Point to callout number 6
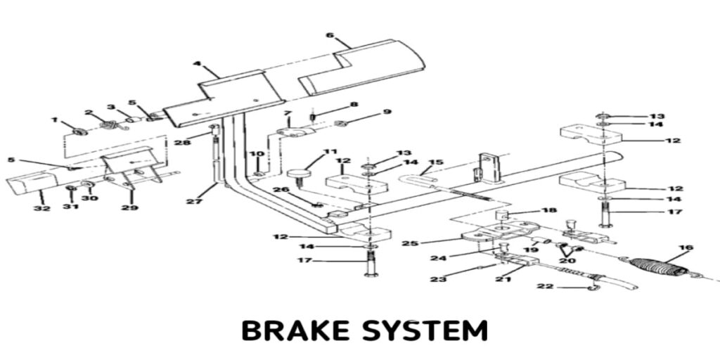(x=330, y=34)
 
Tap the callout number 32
(x=42, y=208)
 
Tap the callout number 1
(x=55, y=120)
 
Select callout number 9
(x=386, y=112)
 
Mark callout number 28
(x=183, y=143)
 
